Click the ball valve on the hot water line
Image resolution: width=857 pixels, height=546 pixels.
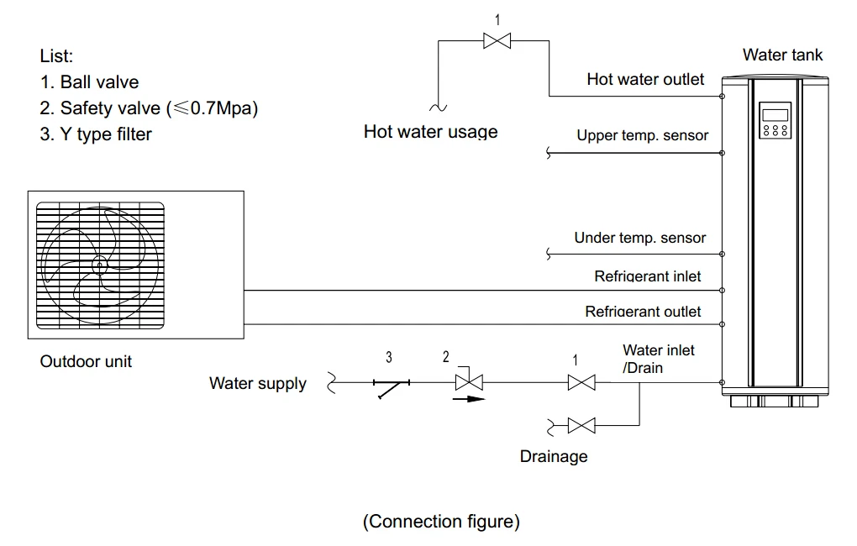click(497, 40)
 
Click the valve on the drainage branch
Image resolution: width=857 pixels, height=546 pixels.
click(581, 426)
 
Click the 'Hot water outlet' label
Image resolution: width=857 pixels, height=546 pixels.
click(645, 80)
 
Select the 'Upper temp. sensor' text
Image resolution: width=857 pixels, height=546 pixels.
click(642, 135)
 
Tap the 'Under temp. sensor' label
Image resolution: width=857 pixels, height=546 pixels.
click(639, 238)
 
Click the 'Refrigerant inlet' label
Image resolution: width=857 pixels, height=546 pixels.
click(647, 276)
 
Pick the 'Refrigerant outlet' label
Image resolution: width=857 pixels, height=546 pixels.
click(643, 312)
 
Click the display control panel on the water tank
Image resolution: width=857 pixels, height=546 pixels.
click(774, 121)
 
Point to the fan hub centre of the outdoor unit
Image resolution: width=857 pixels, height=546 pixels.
click(98, 266)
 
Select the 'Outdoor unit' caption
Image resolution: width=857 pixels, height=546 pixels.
click(86, 362)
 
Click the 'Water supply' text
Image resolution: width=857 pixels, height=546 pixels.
click(258, 384)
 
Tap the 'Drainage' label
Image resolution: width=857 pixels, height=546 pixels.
click(554, 457)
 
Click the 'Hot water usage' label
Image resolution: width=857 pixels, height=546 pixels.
click(430, 132)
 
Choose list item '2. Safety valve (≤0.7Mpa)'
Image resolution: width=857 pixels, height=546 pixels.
click(149, 108)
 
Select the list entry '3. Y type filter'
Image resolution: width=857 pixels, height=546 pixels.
click(96, 134)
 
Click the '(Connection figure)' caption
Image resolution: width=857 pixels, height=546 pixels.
click(441, 522)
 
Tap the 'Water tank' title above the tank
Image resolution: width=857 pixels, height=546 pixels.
click(782, 55)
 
